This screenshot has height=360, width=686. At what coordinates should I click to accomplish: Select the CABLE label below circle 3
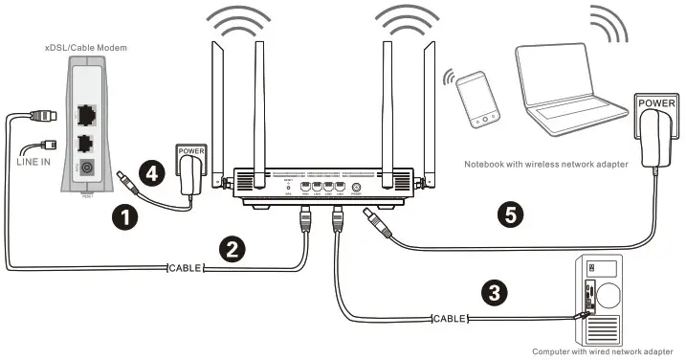(449, 317)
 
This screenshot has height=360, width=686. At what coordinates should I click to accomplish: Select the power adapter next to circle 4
(192, 163)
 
